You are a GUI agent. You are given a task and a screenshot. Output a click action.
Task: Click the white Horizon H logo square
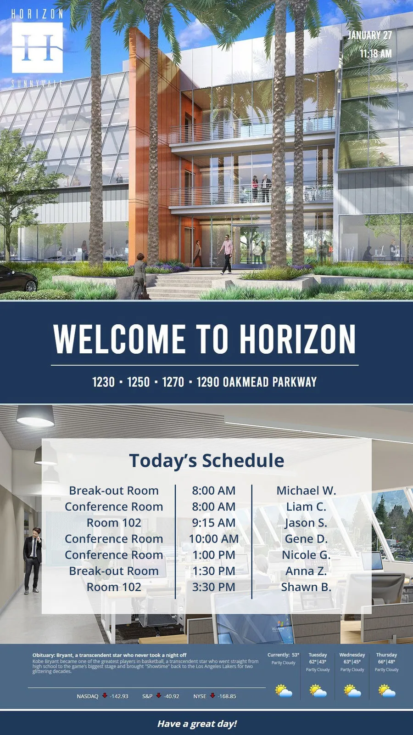point(37,48)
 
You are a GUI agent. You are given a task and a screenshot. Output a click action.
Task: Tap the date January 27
point(370,35)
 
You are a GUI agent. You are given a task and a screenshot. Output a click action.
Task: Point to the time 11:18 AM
point(376,53)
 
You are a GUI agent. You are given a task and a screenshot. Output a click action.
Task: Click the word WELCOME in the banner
point(119,339)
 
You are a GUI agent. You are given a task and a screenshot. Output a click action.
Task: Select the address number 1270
point(173,382)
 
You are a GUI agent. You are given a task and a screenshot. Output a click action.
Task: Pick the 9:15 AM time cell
point(214,522)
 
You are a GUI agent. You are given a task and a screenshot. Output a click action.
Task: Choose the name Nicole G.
point(306,554)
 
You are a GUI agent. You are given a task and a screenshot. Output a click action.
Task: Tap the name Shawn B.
point(306,587)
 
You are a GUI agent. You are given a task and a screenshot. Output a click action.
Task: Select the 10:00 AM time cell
point(214,538)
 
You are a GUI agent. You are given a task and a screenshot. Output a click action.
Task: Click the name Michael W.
point(306,490)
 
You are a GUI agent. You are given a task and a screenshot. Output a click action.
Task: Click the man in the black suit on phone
point(33,560)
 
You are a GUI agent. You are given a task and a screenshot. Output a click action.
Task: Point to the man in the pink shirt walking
point(227,254)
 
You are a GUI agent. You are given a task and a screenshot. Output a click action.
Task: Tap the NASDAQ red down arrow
point(105,695)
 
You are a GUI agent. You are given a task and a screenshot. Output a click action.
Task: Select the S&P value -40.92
point(172,696)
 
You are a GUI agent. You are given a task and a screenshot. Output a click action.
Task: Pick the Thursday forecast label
point(386,655)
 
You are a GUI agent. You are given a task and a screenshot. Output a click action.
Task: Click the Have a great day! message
point(197,724)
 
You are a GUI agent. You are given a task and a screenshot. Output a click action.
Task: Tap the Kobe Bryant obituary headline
point(110,655)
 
